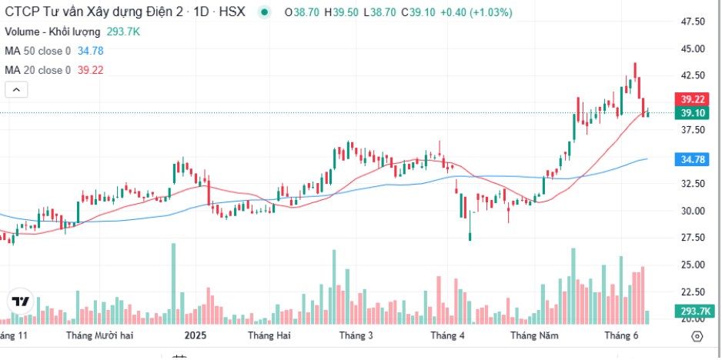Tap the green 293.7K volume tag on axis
click(689, 311)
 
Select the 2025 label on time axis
click(196, 335)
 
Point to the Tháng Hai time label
click(269, 335)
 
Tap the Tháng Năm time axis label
click(533, 335)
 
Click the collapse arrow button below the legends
click(17, 90)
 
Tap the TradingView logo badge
click(21, 301)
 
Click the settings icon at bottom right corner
click(697, 336)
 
